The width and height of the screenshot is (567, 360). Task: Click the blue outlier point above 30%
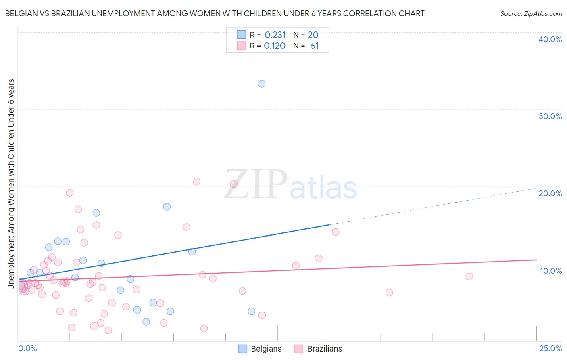[261, 84]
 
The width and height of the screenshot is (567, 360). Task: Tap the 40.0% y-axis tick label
[550, 39]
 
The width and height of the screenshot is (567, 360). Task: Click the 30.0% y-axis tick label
[550, 116]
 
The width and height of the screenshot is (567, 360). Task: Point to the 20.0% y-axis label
[550, 193]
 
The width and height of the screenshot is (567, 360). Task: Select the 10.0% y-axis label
[550, 271]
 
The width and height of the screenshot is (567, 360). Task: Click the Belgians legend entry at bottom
[260, 349]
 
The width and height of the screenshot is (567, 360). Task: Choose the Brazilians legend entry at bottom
[318, 349]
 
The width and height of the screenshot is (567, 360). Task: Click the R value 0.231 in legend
[275, 35]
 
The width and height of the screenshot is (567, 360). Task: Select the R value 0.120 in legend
[275, 46]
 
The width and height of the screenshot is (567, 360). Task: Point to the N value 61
[314, 46]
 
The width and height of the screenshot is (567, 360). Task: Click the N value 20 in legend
[313, 35]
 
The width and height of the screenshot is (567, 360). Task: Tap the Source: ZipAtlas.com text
[531, 14]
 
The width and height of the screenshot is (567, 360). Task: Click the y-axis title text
[11, 184]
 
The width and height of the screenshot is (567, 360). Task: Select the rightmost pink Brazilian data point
[469, 276]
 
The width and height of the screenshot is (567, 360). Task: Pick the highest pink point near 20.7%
[196, 182]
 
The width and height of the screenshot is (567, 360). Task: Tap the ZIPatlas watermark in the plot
[290, 185]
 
